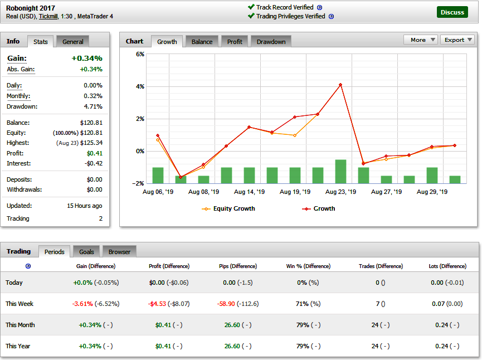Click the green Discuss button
point(452,12)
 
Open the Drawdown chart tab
point(271,41)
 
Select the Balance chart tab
point(202,41)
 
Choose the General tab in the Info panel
point(73,41)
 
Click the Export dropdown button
point(457,40)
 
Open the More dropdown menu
point(421,40)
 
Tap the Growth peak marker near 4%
point(340,85)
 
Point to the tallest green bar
point(340,172)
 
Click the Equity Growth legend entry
point(228,208)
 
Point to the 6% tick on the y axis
point(140,54)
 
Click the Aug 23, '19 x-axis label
point(340,192)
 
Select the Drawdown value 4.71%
point(93,106)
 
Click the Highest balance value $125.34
point(91,143)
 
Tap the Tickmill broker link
point(48,16)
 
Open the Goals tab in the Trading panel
point(86,252)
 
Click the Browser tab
point(119,252)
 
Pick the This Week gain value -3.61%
point(82,304)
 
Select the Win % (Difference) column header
point(308,266)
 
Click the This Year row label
point(18,346)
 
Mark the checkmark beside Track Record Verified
point(251,7)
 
